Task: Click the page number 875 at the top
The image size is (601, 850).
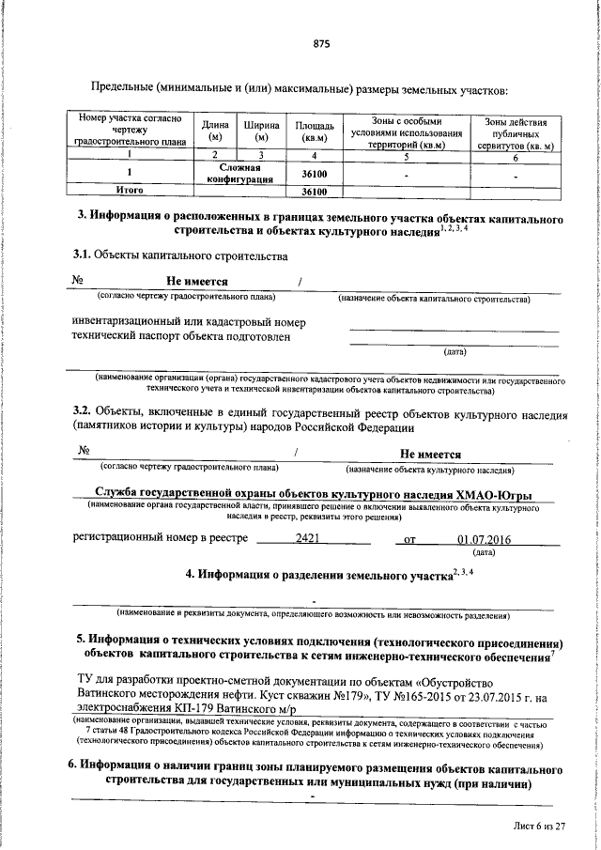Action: click(321, 43)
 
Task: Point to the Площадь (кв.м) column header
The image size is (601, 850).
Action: click(313, 131)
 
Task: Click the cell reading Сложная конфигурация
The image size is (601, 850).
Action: click(239, 172)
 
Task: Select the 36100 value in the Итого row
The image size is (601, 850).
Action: click(313, 193)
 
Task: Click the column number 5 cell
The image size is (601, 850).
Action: click(406, 156)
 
